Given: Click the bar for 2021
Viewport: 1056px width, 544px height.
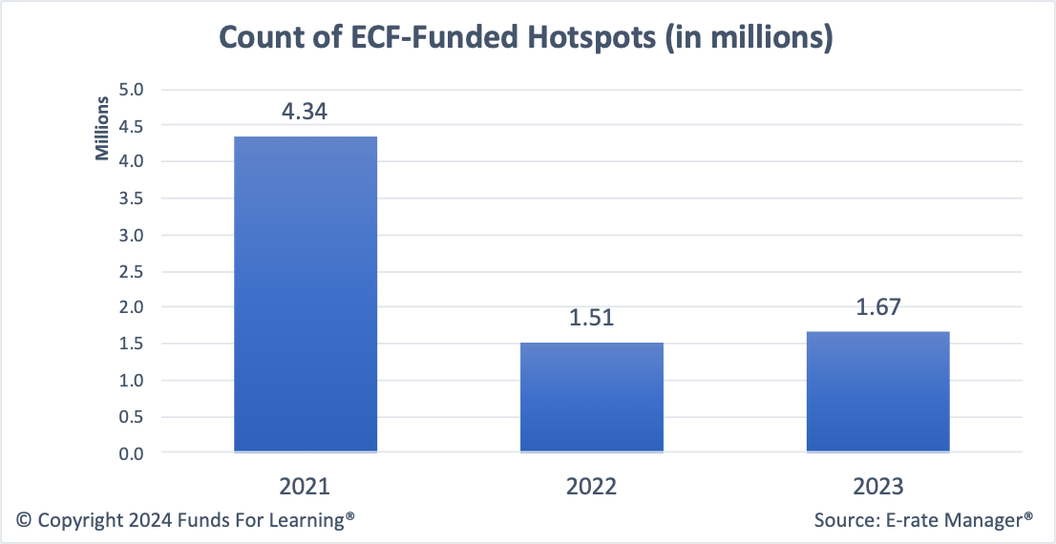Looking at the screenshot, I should point(306,293).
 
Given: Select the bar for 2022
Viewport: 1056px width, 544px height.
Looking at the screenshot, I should point(592,396).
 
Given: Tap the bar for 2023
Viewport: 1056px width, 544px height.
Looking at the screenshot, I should point(877,390).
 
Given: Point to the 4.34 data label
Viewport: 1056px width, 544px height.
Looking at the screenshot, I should point(305,112).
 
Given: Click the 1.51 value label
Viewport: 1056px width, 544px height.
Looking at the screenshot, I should point(591,318).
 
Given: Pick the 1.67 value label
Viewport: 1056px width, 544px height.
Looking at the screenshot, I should point(877,306).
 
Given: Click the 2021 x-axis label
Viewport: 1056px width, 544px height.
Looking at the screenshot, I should point(305,486).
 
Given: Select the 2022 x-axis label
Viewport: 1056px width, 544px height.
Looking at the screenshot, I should point(591,486).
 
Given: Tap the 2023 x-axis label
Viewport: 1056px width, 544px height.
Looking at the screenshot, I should point(877,486).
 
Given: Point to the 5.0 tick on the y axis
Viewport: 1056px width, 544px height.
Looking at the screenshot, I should point(131,90).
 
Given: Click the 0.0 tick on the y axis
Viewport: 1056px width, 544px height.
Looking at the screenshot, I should point(131,453).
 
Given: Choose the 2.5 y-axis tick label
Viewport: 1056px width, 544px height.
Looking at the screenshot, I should point(131,272).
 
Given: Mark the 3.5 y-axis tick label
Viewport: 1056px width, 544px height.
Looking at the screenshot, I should point(131,199).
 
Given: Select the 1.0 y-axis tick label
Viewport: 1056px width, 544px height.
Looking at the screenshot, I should point(131,381).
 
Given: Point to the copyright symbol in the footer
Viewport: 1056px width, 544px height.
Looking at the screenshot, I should point(25,520).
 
